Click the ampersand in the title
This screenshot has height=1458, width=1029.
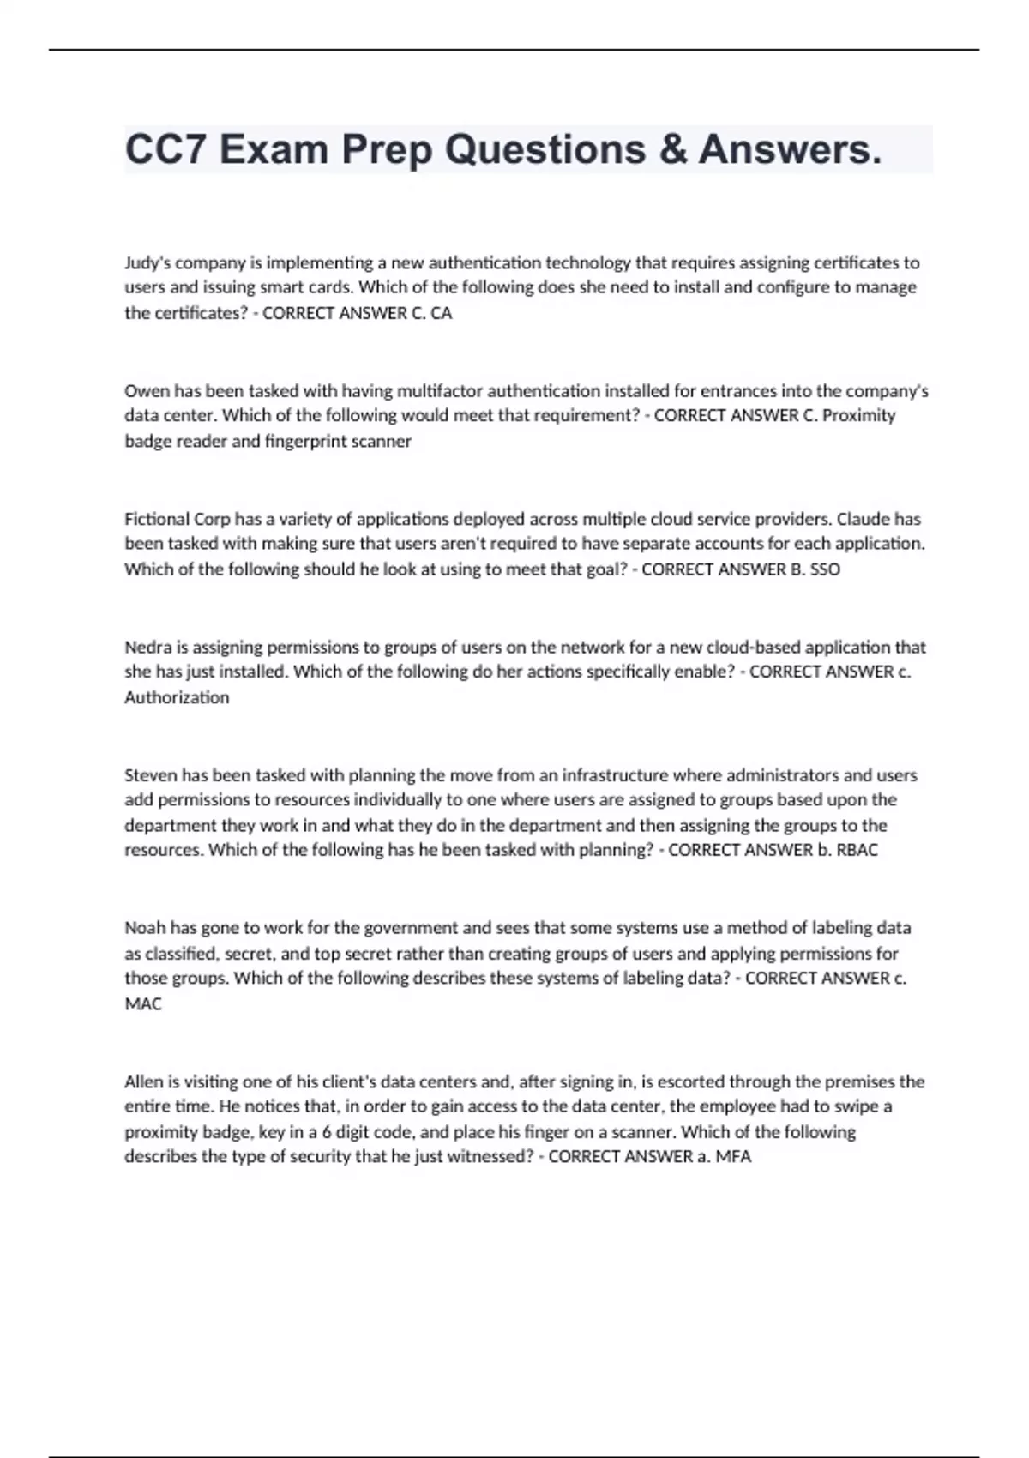[674, 149]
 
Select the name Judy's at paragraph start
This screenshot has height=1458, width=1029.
[147, 262]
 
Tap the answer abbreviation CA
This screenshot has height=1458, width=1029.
[441, 313]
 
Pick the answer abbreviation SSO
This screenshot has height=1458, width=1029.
[825, 569]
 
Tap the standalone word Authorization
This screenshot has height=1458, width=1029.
[177, 697]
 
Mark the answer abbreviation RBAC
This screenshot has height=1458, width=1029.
[856, 850]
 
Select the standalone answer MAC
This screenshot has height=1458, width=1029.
[143, 1003]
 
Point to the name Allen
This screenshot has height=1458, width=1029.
[143, 1081]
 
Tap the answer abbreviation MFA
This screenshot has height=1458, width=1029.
[733, 1156]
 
